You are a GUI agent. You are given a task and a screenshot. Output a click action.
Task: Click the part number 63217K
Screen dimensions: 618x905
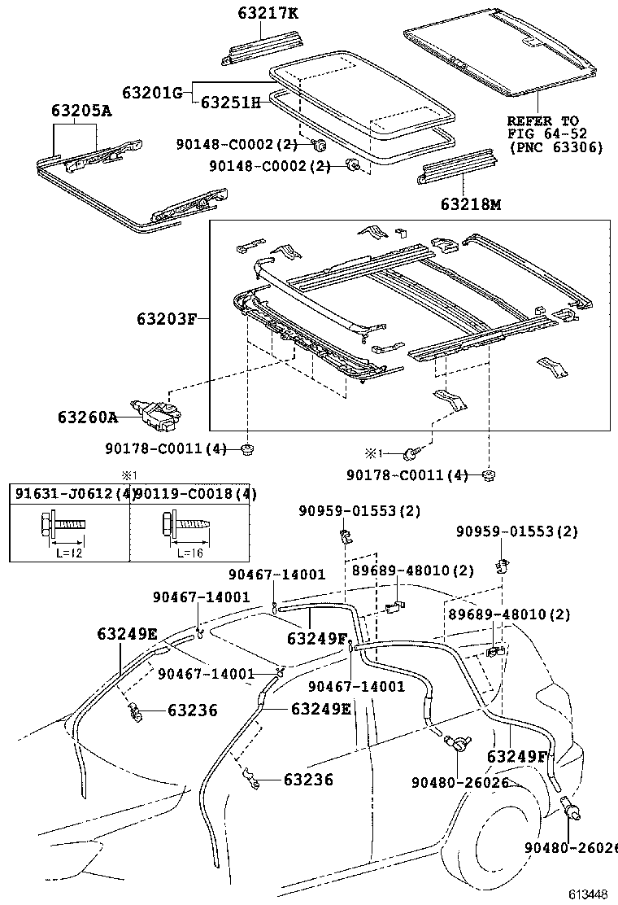pyautogui.click(x=268, y=13)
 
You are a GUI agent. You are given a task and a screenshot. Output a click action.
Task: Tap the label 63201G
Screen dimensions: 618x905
pyautogui.click(x=152, y=92)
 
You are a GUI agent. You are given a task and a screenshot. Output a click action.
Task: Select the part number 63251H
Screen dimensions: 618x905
pyautogui.click(x=231, y=103)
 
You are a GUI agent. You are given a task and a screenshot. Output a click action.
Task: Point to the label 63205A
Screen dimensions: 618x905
pyautogui.click(x=81, y=110)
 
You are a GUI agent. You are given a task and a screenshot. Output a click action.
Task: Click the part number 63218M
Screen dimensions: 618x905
pyautogui.click(x=471, y=203)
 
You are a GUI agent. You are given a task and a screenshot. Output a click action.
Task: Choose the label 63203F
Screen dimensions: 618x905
pyautogui.click(x=168, y=318)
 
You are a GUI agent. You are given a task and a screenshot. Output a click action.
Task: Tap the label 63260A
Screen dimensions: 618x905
pyautogui.click(x=88, y=417)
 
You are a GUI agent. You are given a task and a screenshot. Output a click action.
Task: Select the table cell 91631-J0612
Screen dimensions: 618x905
pyautogui.click(x=70, y=494)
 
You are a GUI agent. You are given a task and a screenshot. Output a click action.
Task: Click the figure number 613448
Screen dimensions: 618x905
pyautogui.click(x=589, y=894)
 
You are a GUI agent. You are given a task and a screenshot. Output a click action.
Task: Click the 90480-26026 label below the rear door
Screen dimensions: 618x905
pyautogui.click(x=460, y=783)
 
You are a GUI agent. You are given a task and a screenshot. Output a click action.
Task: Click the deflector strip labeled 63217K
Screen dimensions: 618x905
pyautogui.click(x=263, y=46)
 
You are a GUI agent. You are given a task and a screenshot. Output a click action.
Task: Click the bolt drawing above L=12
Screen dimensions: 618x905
pyautogui.click(x=63, y=523)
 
